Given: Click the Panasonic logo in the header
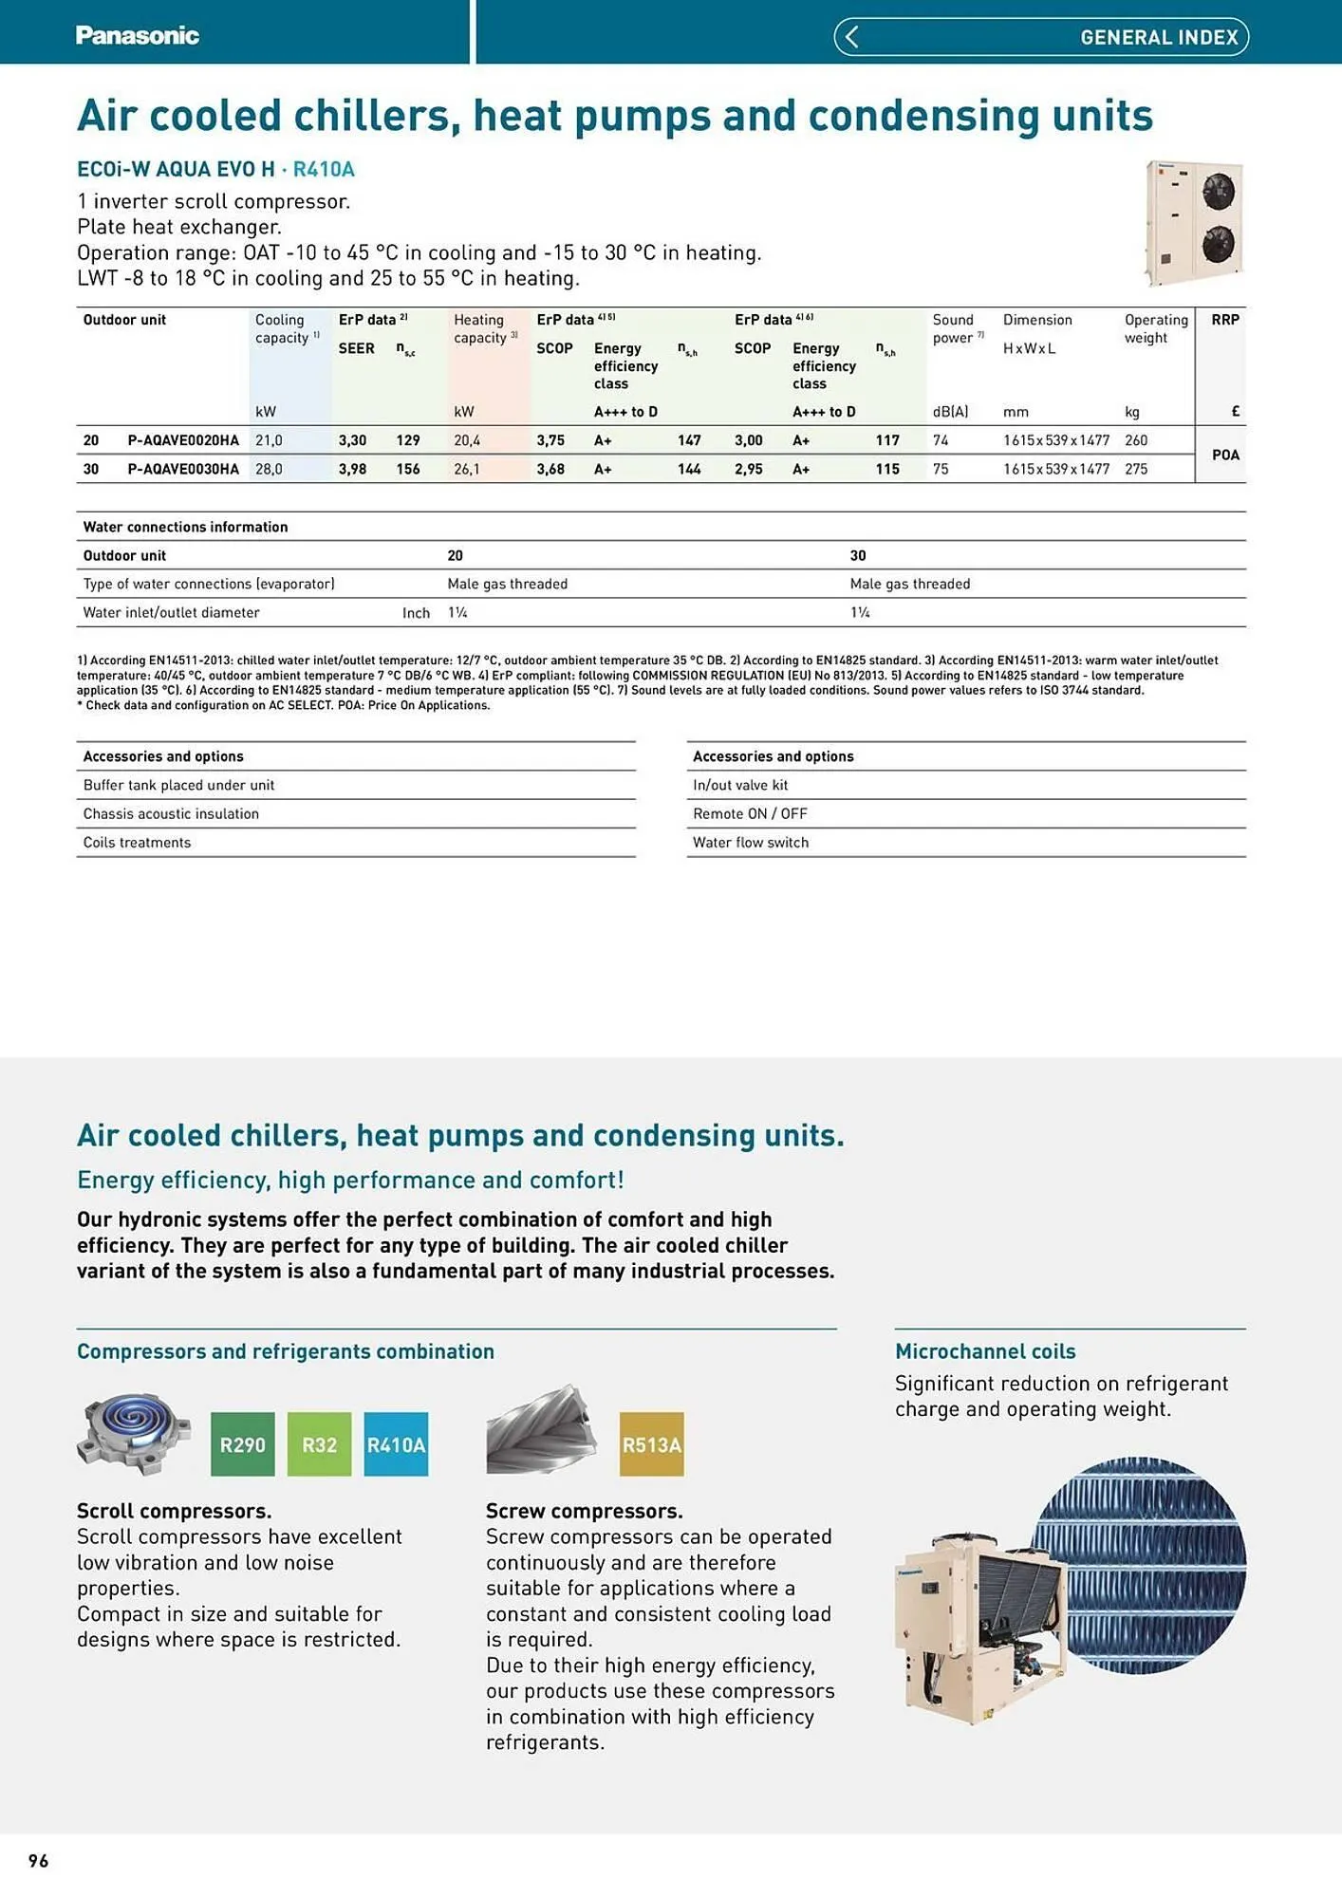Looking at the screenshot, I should (x=137, y=36).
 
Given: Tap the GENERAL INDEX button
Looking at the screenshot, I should (x=1158, y=37).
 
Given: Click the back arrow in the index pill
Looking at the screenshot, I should (x=851, y=37).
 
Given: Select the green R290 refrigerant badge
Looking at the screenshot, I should (x=242, y=1444).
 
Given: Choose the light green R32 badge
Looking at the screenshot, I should (x=319, y=1444).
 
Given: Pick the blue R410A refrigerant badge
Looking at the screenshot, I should (x=396, y=1444).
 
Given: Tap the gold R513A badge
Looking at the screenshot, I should (x=651, y=1444).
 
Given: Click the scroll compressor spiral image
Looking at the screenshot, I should (x=134, y=1432).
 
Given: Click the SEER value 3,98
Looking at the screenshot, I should (x=352, y=469).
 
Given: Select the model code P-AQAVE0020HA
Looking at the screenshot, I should (x=183, y=440).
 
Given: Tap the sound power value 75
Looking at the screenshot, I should (x=941, y=469).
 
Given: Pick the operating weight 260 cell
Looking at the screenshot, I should (x=1136, y=440).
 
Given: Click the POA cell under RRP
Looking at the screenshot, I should (x=1225, y=455).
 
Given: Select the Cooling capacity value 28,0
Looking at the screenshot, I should (x=269, y=469).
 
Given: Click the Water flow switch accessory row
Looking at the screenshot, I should (x=751, y=843).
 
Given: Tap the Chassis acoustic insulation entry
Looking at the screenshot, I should (x=171, y=814).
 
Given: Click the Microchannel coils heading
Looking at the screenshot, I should (x=985, y=1351).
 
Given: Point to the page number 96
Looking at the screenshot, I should (x=38, y=1861).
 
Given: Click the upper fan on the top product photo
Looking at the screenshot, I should (x=1218, y=193).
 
